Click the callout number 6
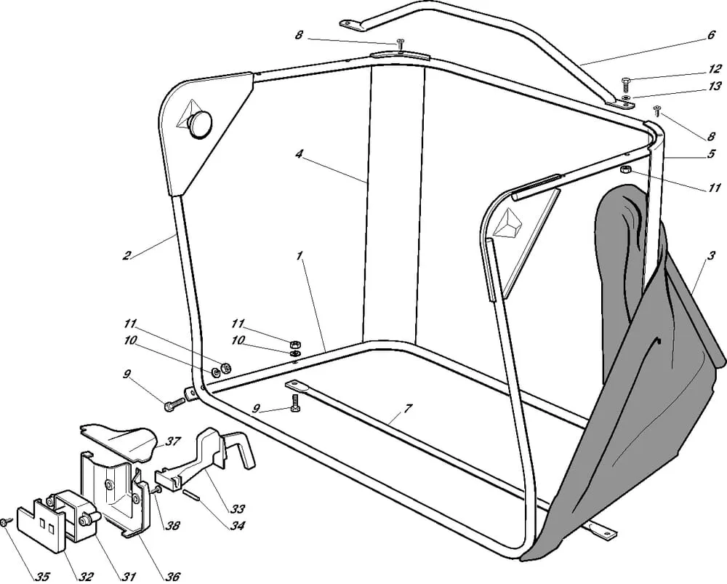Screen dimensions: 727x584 pyautogui.click(x=711, y=34)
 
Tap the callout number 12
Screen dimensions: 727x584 pyautogui.click(x=715, y=68)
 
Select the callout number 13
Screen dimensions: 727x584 pyautogui.click(x=715, y=86)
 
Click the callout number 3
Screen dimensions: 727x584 pyautogui.click(x=712, y=255)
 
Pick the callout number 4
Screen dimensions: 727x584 pyautogui.click(x=299, y=153)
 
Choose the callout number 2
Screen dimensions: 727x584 pyautogui.click(x=126, y=255)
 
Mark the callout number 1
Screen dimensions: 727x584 pyautogui.click(x=300, y=255)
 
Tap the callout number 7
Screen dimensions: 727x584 pyautogui.click(x=408, y=409)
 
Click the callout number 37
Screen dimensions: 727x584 pyautogui.click(x=172, y=441)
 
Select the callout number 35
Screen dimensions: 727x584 pyautogui.click(x=42, y=577)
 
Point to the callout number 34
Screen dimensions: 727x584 pyautogui.click(x=238, y=526)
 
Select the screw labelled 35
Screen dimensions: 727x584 pyautogui.click(x=5, y=522)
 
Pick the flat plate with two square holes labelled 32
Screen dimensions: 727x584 pyautogui.click(x=39, y=526)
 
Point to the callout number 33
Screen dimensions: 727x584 pyautogui.click(x=238, y=509)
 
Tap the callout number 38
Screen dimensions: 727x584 pyautogui.click(x=172, y=526)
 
